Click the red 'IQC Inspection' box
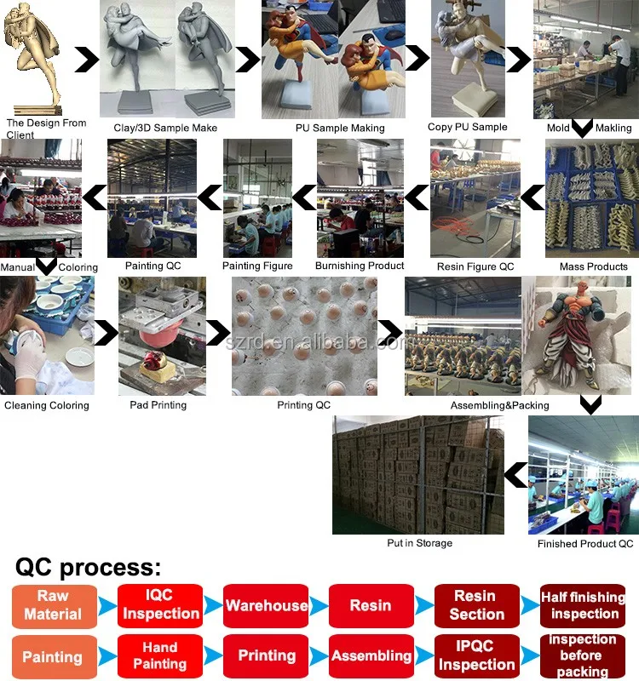[x=161, y=605]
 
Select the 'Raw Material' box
[x=53, y=605]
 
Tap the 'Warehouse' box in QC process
[x=266, y=605]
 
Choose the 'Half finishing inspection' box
[x=584, y=605]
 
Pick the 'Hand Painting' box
[x=161, y=655]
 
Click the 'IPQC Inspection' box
[x=476, y=655]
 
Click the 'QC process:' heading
[x=88, y=568]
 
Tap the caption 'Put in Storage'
[x=419, y=543]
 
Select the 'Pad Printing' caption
[x=158, y=405]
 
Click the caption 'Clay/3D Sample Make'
[x=165, y=128]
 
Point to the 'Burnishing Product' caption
[x=360, y=266]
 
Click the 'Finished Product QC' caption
[x=585, y=543]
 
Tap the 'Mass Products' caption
[x=594, y=266]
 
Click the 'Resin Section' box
[x=476, y=605]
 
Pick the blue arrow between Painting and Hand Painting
[x=106, y=656]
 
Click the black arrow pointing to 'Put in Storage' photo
[x=515, y=475]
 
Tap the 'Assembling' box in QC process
[x=371, y=655]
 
